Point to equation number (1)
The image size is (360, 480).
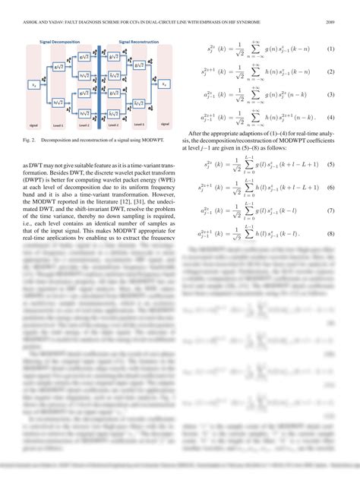331,49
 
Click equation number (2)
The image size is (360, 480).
331,72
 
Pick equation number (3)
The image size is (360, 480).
331,95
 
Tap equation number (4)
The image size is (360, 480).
331,118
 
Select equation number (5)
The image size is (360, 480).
331,164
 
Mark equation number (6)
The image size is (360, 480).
331,187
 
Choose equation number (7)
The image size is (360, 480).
331,210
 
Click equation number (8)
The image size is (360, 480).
331,233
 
